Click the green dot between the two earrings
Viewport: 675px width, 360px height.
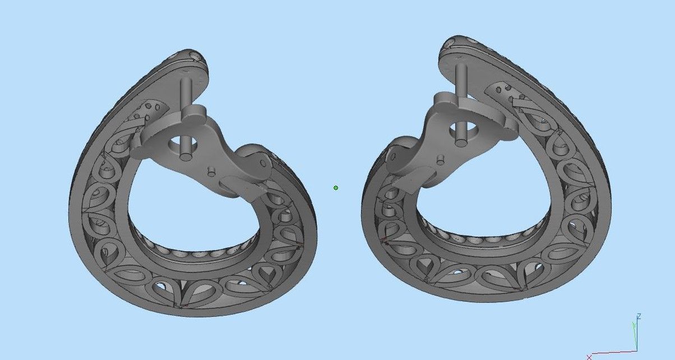tap(336, 188)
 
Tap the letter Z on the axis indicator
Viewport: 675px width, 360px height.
tap(639, 317)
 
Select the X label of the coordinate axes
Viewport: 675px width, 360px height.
tap(589, 357)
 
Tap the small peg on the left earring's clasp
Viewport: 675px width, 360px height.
tap(212, 170)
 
